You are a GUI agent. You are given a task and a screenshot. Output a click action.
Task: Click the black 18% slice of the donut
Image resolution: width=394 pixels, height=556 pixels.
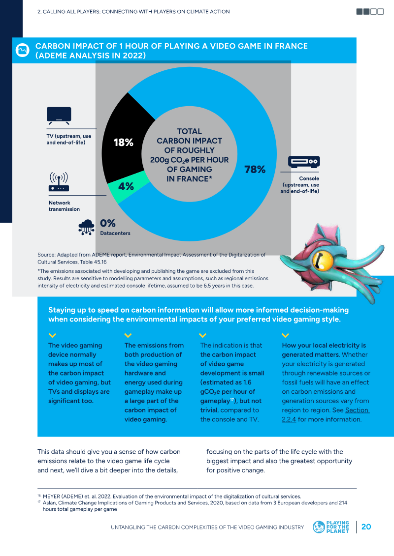coord(123,142)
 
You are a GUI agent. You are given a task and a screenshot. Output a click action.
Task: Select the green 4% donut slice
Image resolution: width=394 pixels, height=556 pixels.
coord(126,187)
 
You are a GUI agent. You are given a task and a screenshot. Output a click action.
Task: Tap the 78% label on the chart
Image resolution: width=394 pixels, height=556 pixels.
coord(255,170)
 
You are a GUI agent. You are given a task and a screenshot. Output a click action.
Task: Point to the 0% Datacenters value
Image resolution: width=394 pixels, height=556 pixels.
coord(108,223)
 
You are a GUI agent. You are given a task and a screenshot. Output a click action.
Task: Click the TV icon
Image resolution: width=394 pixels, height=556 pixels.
coord(59,116)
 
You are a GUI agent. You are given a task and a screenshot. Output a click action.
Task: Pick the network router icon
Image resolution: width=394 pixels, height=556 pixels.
coord(59,182)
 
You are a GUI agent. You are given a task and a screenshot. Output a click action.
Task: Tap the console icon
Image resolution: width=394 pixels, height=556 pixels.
coord(304,162)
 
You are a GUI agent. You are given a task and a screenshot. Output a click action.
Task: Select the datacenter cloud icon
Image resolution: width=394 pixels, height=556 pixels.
coord(86,227)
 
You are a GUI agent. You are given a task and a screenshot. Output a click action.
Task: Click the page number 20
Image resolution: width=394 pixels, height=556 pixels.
coord(366,527)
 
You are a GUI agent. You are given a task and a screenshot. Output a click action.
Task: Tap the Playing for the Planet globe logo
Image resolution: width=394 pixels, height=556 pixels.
coord(319,527)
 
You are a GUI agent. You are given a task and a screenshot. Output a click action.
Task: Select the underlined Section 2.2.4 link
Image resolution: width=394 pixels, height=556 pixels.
coord(325,414)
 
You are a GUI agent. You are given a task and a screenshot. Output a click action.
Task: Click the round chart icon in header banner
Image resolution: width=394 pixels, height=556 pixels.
coord(22,50)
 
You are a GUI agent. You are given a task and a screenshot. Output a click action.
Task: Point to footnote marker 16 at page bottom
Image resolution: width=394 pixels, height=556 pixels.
coord(39,496)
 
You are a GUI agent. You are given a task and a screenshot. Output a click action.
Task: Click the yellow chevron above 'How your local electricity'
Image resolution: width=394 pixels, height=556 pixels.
coord(285,335)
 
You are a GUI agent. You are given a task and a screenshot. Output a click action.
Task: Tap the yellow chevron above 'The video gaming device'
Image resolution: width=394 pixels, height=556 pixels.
coord(52,335)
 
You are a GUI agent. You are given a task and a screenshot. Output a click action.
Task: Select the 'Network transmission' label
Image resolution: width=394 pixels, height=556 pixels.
coord(64,206)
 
